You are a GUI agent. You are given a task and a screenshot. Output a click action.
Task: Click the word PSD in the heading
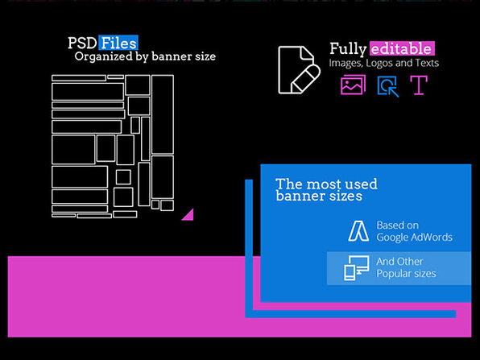click(x=82, y=43)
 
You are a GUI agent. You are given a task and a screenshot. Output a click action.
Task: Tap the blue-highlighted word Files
click(x=118, y=43)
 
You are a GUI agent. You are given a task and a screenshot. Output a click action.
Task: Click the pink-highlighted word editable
click(x=402, y=48)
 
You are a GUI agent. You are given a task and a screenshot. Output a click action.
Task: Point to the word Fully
click(x=348, y=49)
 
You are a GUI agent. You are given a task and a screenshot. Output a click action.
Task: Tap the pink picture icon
click(x=353, y=85)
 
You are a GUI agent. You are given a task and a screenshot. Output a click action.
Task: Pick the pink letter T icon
click(x=419, y=85)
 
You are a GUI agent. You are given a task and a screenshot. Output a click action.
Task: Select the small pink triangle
click(x=189, y=216)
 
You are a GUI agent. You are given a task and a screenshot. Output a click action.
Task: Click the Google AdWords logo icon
click(x=358, y=231)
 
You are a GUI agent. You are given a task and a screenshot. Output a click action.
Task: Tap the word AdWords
click(x=432, y=238)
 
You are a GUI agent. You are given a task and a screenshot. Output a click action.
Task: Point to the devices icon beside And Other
click(x=356, y=268)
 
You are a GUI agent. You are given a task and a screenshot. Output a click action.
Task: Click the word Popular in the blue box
click(x=393, y=273)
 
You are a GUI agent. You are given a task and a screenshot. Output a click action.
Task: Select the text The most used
click(x=326, y=184)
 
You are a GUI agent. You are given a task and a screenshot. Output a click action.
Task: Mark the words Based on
click(x=397, y=226)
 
